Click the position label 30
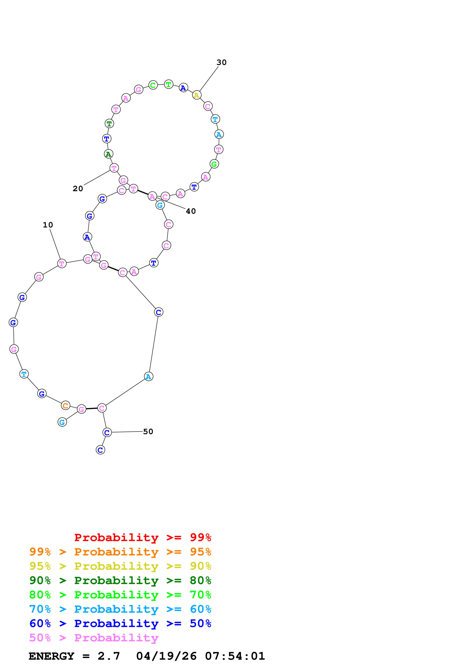coord(221,62)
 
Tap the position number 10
coord(48,225)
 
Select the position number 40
coord(191,211)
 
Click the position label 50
coord(148,432)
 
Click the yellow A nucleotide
coord(197,95)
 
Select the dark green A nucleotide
coord(109,154)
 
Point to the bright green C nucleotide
coord(153,85)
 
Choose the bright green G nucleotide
coord(214,164)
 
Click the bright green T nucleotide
coord(168,84)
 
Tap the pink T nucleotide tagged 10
coord(62,264)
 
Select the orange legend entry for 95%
coord(120,552)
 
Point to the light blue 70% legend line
coord(120,609)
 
